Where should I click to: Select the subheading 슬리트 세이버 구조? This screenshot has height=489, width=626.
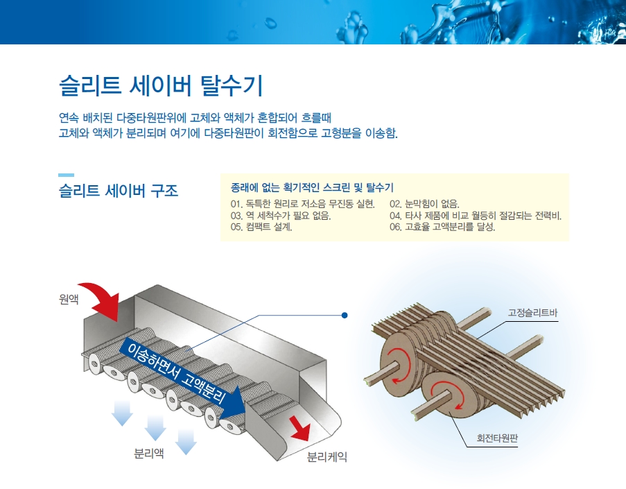point(119,190)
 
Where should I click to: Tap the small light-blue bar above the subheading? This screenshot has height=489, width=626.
point(66,175)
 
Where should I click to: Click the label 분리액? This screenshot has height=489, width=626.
point(149,454)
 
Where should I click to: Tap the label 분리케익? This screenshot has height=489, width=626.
point(327,457)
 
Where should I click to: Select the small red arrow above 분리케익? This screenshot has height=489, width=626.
point(299,427)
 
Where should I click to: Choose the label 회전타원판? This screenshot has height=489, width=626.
point(497,438)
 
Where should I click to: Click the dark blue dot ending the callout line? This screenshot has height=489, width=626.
point(345,316)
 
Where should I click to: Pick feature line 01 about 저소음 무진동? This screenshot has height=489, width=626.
point(302,204)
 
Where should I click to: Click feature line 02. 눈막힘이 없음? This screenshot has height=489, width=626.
point(424,204)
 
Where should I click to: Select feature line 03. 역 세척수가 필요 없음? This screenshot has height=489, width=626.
point(280,215)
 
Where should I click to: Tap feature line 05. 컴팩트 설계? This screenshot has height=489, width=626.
point(261,227)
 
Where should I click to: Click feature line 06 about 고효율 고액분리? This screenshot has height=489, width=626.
point(442,227)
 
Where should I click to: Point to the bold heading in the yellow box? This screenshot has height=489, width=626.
point(312,187)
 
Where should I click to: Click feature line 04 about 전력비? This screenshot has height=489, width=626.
point(475,215)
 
